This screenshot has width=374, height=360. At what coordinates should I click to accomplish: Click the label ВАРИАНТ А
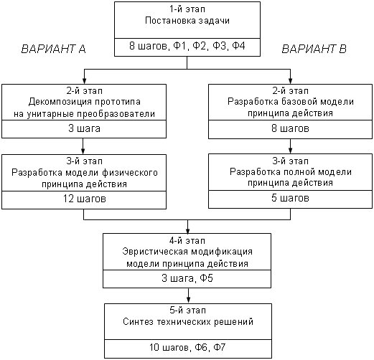tap(53, 49)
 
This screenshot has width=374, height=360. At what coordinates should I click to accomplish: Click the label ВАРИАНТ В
tap(314, 49)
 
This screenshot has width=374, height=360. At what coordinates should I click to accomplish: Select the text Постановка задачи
tap(187, 21)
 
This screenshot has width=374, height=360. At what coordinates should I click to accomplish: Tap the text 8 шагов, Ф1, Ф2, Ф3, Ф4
tap(187, 46)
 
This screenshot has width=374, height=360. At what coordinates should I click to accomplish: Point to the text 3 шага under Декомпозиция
tap(84, 128)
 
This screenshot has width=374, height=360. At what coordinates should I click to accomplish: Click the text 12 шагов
tap(84, 199)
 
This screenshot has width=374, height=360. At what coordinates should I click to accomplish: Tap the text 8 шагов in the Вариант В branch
tap(290, 128)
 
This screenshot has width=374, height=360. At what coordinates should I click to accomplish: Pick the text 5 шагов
tap(290, 198)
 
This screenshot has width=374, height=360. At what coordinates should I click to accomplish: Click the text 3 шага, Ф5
tap(187, 278)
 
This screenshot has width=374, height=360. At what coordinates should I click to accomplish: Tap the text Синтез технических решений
tap(188, 322)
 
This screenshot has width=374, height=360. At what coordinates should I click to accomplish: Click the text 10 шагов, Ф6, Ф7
tap(187, 347)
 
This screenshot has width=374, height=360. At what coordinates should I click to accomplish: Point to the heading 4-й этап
tap(187, 241)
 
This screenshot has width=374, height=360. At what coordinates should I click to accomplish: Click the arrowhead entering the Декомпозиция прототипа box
tap(84, 81)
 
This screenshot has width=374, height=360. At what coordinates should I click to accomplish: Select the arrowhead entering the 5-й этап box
tap(188, 300)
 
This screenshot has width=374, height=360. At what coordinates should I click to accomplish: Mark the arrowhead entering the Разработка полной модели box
tap(290, 150)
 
